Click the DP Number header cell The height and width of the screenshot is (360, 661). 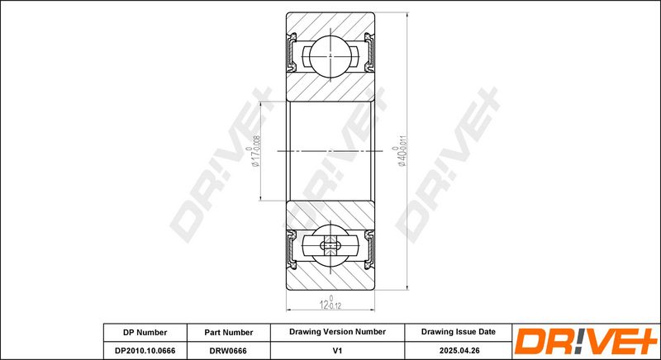pyautogui.click(x=145, y=332)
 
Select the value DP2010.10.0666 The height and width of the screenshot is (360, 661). pyautogui.click(x=145, y=350)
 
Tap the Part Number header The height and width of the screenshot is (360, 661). pyautogui.click(x=229, y=332)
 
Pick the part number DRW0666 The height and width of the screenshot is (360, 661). pyautogui.click(x=229, y=350)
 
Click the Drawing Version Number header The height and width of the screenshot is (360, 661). pyautogui.click(x=337, y=332)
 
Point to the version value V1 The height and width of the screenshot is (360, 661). pyautogui.click(x=337, y=350)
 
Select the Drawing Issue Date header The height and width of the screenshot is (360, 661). pyautogui.click(x=459, y=332)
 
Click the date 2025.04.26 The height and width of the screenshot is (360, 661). pyautogui.click(x=459, y=350)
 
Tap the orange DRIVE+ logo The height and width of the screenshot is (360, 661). pyautogui.click(x=586, y=341)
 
